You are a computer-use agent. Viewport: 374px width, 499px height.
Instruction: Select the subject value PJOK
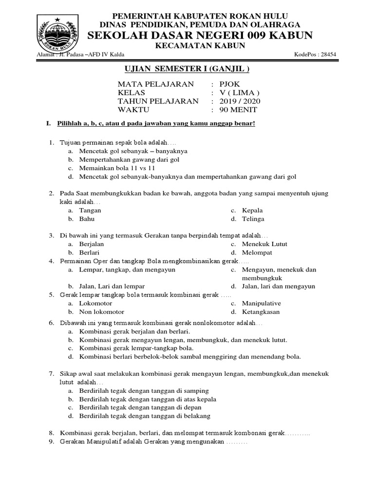229,84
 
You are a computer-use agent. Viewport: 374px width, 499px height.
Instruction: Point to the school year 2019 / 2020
240,101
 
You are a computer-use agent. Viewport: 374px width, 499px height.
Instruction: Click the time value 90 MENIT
238,110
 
